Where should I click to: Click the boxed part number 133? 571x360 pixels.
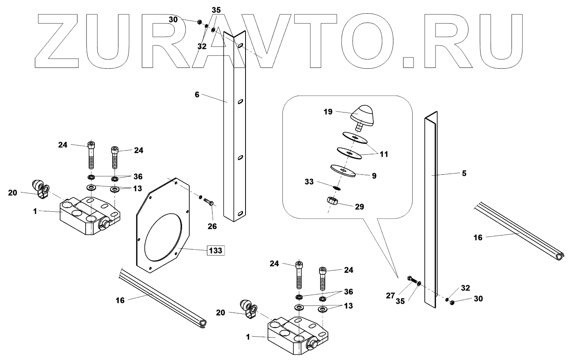[215, 251]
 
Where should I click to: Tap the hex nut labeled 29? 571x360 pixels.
[332, 200]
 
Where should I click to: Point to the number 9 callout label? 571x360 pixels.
[374, 176]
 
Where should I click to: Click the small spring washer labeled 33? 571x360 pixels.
[337, 187]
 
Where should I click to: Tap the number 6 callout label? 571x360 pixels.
[197, 94]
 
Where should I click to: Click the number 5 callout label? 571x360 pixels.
[464, 174]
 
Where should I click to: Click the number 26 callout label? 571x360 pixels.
[212, 226]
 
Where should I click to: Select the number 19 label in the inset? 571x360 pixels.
[328, 112]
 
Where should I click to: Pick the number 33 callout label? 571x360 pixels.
[309, 181]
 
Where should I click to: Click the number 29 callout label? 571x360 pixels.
[359, 207]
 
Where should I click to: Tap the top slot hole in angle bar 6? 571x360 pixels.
[239, 46]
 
